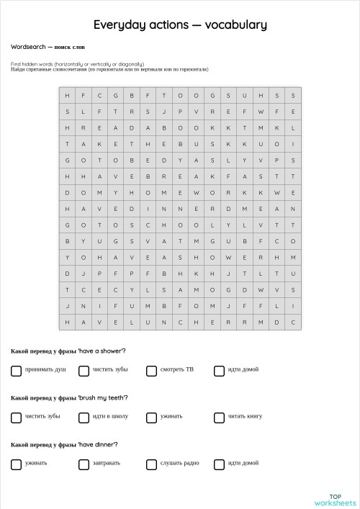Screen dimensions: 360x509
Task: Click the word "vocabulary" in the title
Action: pos(236,24)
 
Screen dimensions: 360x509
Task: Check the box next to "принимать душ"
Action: pos(16,371)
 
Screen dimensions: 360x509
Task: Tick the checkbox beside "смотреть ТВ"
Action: pos(151,371)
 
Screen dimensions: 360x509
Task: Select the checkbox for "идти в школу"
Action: pos(84,418)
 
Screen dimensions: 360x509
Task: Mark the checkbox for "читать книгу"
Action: pos(219,418)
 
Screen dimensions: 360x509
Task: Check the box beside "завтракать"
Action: pos(84,464)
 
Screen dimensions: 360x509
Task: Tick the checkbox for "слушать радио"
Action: pos(151,464)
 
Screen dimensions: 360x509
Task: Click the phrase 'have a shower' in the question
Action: pos(102,351)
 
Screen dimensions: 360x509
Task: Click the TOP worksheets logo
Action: pos(335,500)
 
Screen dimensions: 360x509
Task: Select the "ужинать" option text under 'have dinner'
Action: pos(36,463)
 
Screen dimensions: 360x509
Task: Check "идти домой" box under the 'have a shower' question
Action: pos(219,371)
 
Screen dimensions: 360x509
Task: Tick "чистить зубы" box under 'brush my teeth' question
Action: pos(16,418)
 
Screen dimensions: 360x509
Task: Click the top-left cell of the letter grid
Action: pos(68,96)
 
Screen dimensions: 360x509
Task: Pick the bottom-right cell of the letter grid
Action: pos(293,323)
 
